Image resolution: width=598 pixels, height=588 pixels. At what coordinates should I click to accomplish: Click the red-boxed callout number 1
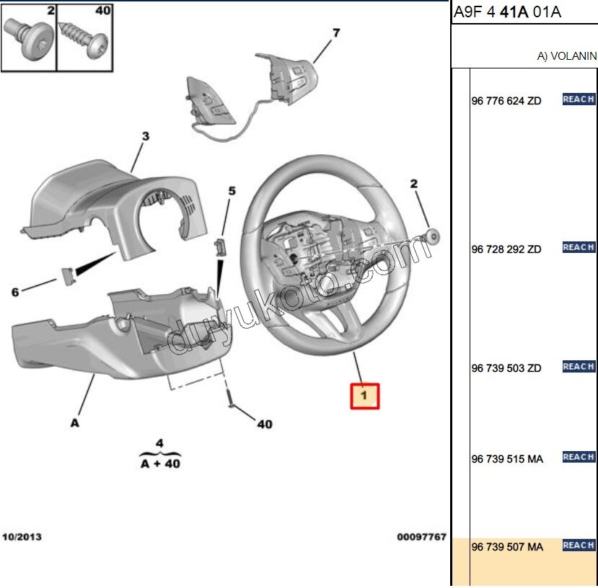[364, 396]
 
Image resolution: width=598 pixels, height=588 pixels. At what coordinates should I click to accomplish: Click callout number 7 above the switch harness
[335, 32]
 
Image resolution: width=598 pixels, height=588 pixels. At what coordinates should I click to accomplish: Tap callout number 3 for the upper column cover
[144, 135]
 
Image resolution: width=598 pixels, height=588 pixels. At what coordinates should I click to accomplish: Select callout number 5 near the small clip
[232, 191]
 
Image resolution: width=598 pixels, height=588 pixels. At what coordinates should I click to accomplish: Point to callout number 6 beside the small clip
[14, 292]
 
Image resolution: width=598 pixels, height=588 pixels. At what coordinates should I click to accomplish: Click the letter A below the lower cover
[75, 423]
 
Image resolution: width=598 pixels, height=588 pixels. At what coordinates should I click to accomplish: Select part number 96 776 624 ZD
[506, 101]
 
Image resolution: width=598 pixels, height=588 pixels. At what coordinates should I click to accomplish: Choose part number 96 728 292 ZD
[506, 249]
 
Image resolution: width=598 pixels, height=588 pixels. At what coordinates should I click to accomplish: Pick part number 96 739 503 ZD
[506, 368]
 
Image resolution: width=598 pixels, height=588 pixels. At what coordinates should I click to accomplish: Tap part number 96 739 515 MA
[506, 459]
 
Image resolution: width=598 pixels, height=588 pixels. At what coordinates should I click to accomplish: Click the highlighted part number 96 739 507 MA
[506, 548]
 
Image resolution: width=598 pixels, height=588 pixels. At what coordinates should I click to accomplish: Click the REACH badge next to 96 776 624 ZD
[579, 99]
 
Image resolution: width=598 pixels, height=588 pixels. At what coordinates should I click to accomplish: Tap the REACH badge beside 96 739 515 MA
[579, 457]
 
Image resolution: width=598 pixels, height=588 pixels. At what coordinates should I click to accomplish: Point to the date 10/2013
[22, 538]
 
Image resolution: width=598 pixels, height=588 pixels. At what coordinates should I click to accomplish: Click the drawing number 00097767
[421, 538]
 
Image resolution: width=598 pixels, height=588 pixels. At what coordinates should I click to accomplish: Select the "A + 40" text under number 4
[160, 463]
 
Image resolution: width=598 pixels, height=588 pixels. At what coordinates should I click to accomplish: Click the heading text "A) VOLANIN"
[567, 55]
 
